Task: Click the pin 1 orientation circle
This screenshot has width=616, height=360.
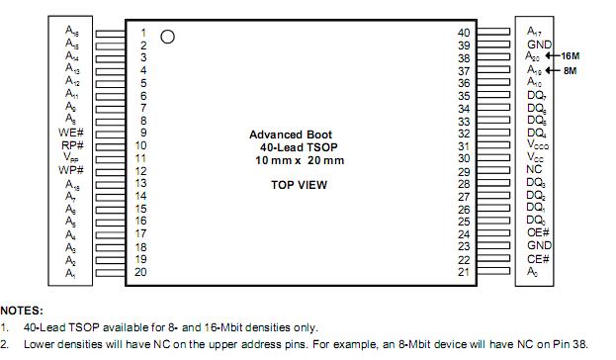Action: point(167,37)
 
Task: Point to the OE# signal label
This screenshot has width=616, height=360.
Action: point(538,233)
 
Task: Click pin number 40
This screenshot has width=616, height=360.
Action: point(464,33)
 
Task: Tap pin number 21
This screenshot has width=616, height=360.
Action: point(464,272)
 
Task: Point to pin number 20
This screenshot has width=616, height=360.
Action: point(140,272)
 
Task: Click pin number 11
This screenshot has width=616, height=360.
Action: point(140,158)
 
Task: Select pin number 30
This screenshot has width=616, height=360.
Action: point(464,158)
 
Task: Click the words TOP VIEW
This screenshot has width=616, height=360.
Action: point(299,185)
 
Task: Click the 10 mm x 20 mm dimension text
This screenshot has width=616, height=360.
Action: point(300,160)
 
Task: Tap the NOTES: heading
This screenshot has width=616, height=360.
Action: point(22,310)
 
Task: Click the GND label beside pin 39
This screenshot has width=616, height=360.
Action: point(539,45)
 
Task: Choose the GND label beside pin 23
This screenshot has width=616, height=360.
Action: point(539,246)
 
